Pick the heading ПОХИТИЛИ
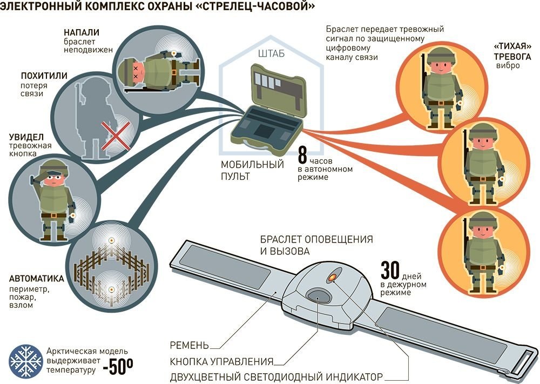[x=44, y=76]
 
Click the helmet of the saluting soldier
[x=52, y=166]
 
